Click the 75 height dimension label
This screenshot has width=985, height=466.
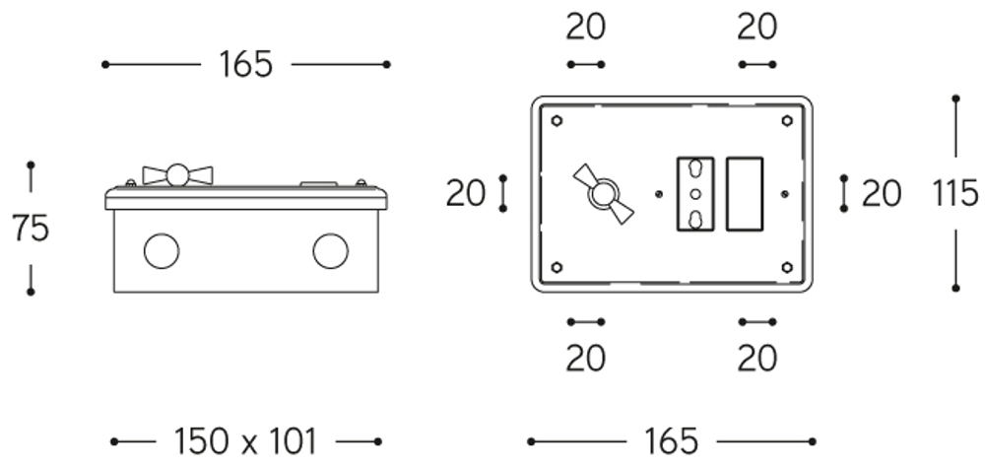(x=31, y=228)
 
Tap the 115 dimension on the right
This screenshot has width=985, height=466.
(x=954, y=193)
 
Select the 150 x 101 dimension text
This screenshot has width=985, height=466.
(x=245, y=441)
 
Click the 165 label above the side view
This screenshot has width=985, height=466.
(x=245, y=64)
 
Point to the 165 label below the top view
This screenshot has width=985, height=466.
(x=671, y=441)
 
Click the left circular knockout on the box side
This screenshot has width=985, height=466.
(x=162, y=250)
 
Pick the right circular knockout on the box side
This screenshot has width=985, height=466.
(x=330, y=250)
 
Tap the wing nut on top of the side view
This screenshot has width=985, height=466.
(x=177, y=175)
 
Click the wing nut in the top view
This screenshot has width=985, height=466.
(x=604, y=194)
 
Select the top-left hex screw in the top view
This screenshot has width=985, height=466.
(x=557, y=120)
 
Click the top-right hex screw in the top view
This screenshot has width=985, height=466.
(x=786, y=120)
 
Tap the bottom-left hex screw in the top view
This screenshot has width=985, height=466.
(x=557, y=268)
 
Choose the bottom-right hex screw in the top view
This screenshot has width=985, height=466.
(x=786, y=268)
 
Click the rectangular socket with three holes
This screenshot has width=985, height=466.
(x=695, y=194)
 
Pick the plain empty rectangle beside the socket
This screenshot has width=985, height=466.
(x=745, y=194)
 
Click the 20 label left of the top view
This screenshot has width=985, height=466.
(x=466, y=193)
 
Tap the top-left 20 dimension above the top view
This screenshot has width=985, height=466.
(x=585, y=27)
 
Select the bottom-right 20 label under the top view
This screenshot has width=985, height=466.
(x=756, y=359)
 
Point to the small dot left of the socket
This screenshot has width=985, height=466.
(x=658, y=194)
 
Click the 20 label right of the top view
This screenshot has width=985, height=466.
(x=882, y=193)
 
